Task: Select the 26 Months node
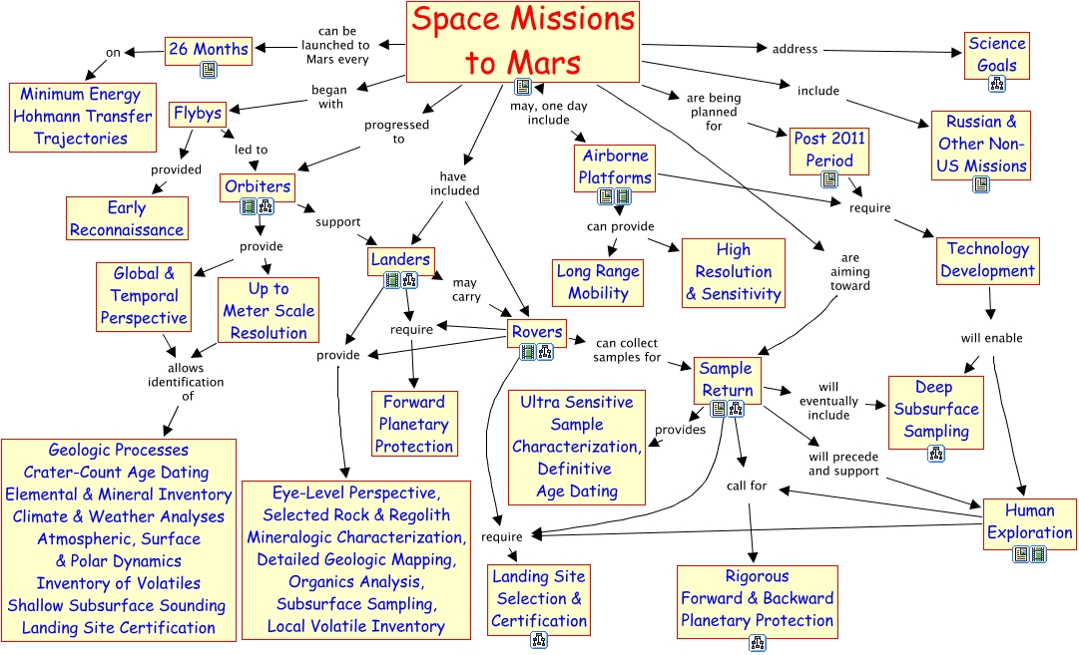(x=208, y=48)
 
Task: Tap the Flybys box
(x=197, y=113)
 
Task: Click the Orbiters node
(x=258, y=186)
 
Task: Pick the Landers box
(x=400, y=259)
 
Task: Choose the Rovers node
(x=536, y=332)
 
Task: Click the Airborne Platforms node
(x=615, y=166)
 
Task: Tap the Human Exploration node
(x=1029, y=521)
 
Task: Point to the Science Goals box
(x=996, y=55)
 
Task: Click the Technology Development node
(x=988, y=260)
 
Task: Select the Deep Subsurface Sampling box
(x=935, y=410)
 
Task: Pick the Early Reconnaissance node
(x=127, y=218)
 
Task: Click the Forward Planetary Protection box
(x=414, y=424)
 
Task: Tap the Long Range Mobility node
(x=598, y=282)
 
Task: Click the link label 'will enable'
(x=991, y=338)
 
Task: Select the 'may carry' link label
(x=465, y=289)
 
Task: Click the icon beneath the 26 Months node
(x=209, y=69)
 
